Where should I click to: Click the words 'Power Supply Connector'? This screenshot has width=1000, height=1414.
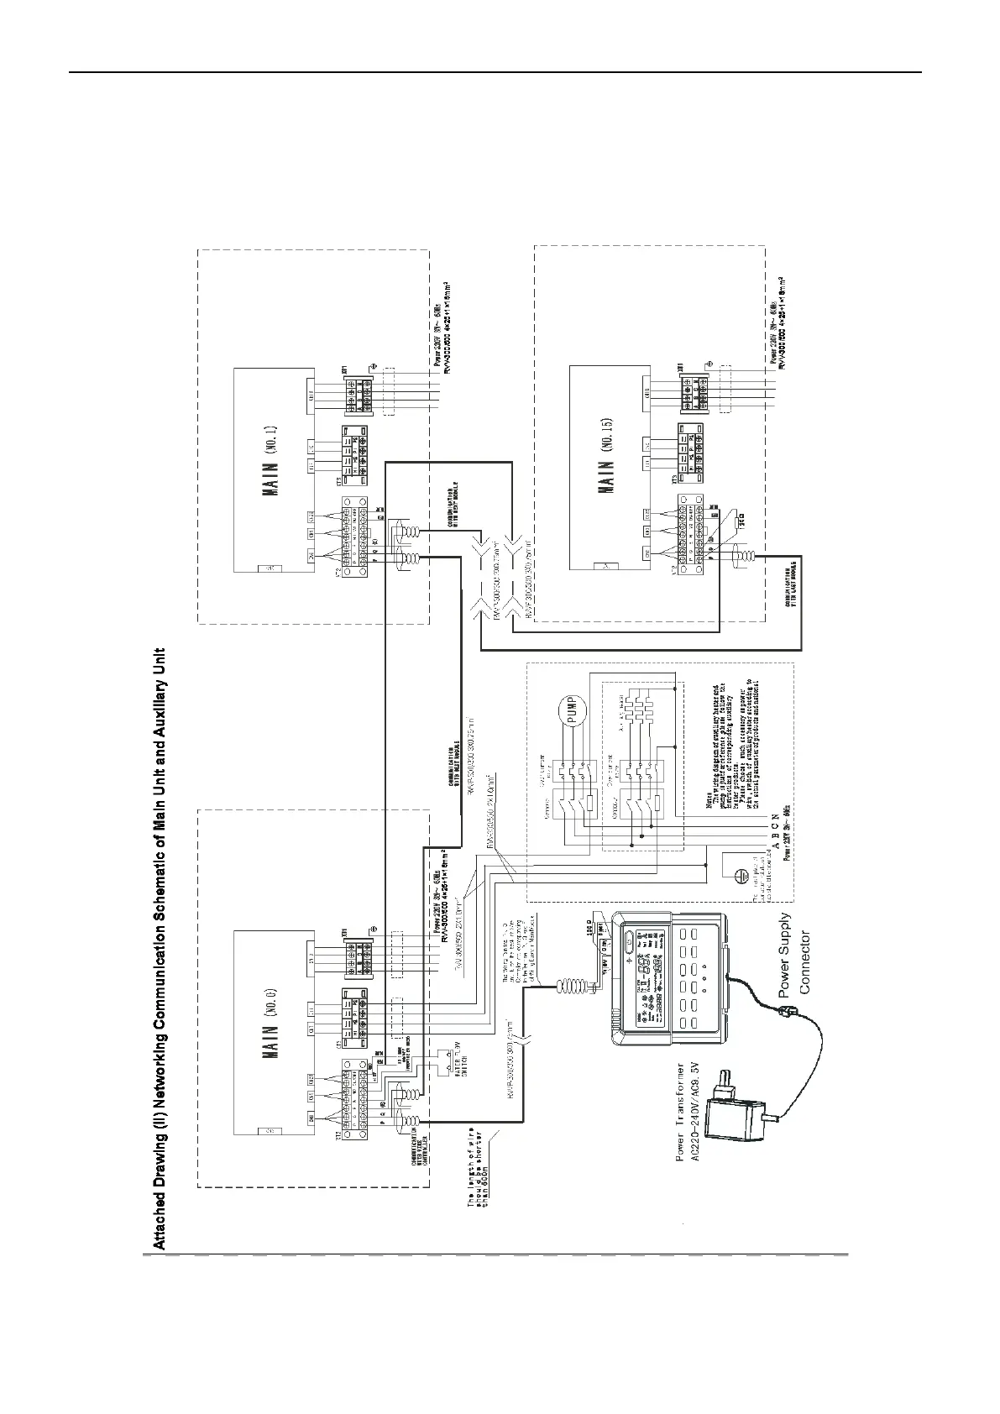(x=794, y=954)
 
